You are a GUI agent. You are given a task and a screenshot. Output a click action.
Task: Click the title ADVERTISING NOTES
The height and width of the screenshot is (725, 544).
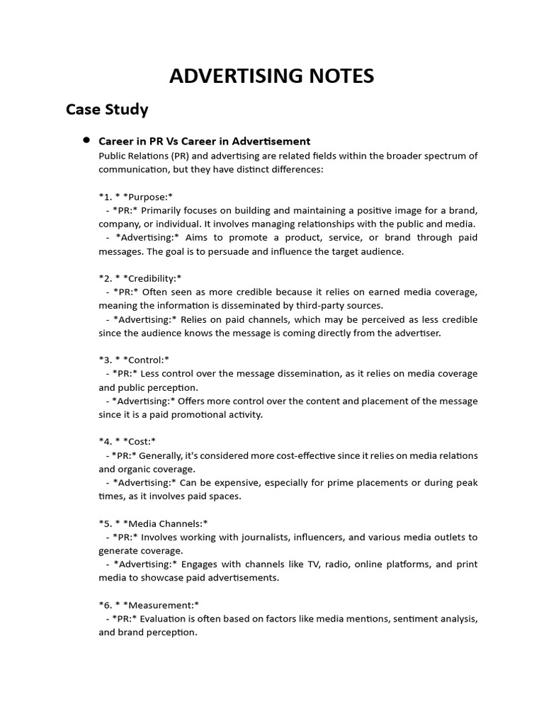pyautogui.click(x=271, y=76)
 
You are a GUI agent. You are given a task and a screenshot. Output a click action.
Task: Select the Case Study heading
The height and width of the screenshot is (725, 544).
pyautogui.click(x=107, y=109)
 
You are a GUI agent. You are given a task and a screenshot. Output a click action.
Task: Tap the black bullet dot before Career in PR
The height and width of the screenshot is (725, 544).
pyautogui.click(x=86, y=140)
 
